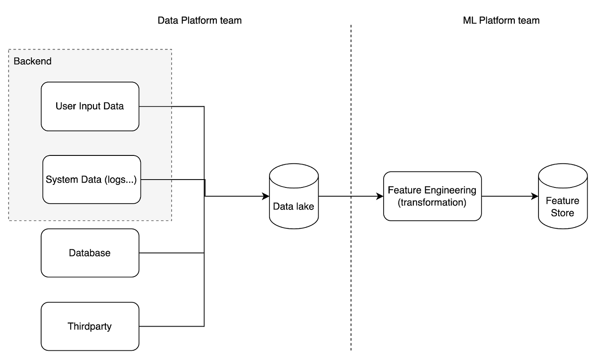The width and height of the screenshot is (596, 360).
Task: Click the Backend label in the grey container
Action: pos(32,61)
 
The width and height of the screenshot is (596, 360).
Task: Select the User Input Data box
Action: pos(90,106)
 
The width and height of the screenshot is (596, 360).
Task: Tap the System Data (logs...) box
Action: pos(91,180)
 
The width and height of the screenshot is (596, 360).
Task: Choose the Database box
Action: pos(90,253)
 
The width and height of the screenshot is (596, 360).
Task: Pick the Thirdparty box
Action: pos(90,326)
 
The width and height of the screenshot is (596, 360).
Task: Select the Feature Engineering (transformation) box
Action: pos(432,196)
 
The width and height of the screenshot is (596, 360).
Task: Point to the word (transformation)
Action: pos(432,202)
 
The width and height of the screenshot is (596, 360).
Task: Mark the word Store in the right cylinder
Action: pos(563,213)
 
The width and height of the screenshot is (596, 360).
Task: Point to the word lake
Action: pos(305,206)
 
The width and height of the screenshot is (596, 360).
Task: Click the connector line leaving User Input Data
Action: pos(156,106)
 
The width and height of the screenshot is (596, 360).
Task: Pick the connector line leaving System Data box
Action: pos(157,180)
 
